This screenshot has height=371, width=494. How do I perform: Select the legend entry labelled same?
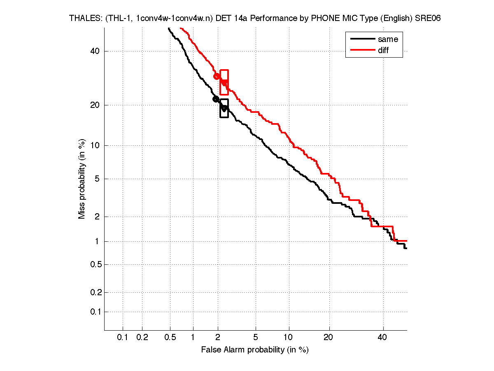pos(388,39)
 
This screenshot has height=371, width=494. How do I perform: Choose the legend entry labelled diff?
pos(383,50)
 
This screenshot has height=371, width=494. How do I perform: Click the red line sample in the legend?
pos(362,50)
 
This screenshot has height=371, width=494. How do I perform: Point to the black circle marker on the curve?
pos(216,99)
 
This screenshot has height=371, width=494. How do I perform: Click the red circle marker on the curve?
pos(217,76)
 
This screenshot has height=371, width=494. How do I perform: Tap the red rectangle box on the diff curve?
pos(224,82)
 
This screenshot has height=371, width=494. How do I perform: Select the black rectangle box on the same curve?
pos(224,108)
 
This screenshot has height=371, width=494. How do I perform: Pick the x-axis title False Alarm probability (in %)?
pos(255,350)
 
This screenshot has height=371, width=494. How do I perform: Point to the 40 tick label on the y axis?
pos(95,51)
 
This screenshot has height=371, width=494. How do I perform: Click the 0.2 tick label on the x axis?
pos(142,338)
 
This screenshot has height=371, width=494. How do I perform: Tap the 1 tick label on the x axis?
pos(193,338)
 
